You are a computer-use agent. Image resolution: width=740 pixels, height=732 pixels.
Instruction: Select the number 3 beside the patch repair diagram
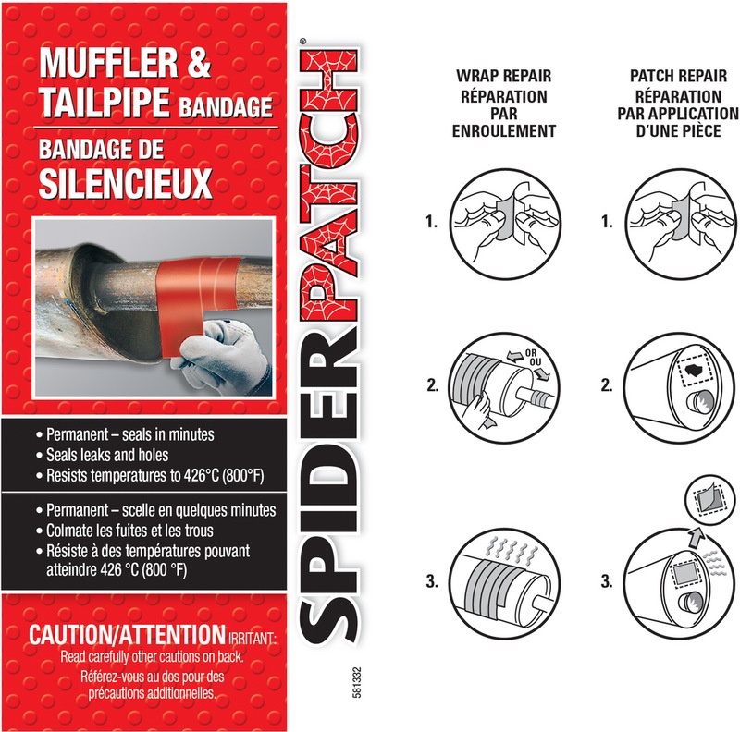point(606,582)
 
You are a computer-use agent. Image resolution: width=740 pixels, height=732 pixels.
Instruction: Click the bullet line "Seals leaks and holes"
point(111,456)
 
